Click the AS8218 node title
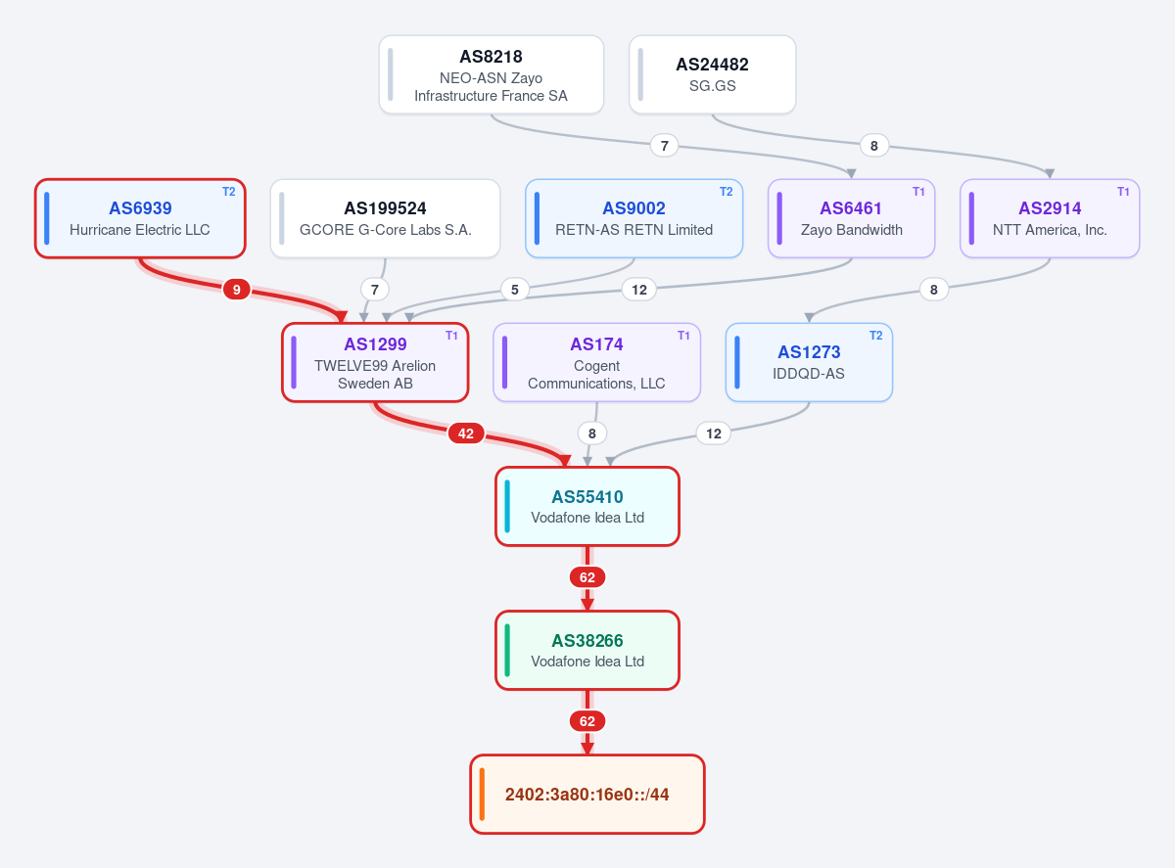pyautogui.click(x=491, y=57)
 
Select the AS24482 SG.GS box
pyautogui.click(x=712, y=74)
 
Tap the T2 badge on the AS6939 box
pyautogui.click(x=228, y=192)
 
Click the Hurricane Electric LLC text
pyautogui.click(x=140, y=230)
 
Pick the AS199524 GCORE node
pyautogui.click(x=385, y=219)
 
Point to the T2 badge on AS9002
pyautogui.click(x=726, y=192)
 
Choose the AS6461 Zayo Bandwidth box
pyautogui.click(x=851, y=219)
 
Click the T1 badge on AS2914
pyautogui.click(x=1122, y=192)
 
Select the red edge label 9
pyautogui.click(x=236, y=290)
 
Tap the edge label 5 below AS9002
pyautogui.click(x=514, y=290)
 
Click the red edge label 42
pyautogui.click(x=466, y=434)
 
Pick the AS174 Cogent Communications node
pyautogui.click(x=596, y=363)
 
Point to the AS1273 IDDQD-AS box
pyautogui.click(x=809, y=363)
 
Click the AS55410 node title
pyautogui.click(x=587, y=497)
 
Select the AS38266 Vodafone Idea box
pyautogui.click(x=587, y=651)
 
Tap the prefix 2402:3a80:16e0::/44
pyautogui.click(x=587, y=795)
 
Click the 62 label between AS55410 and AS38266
pyautogui.click(x=587, y=577)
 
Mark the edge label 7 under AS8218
pyautogui.click(x=664, y=146)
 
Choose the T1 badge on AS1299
pyautogui.click(x=451, y=336)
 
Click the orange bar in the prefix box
pyautogui.click(x=482, y=795)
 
